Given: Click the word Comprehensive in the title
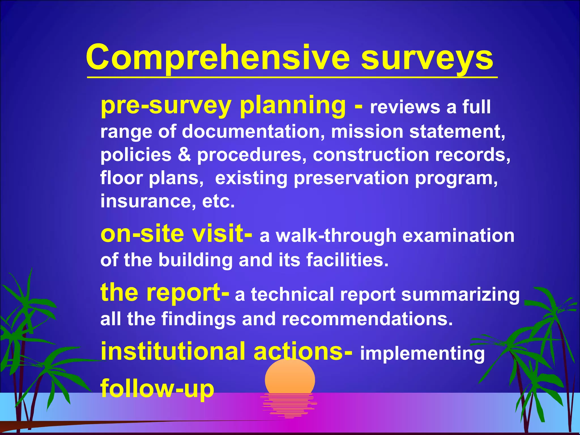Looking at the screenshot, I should [x=218, y=58].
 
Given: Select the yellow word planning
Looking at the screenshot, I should [x=293, y=106].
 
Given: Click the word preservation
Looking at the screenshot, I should [x=351, y=178].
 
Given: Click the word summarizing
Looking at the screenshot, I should [x=460, y=295].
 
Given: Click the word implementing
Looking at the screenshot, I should [x=422, y=353].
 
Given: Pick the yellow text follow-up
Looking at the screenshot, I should [x=157, y=389].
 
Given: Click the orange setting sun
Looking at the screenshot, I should [x=290, y=377].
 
